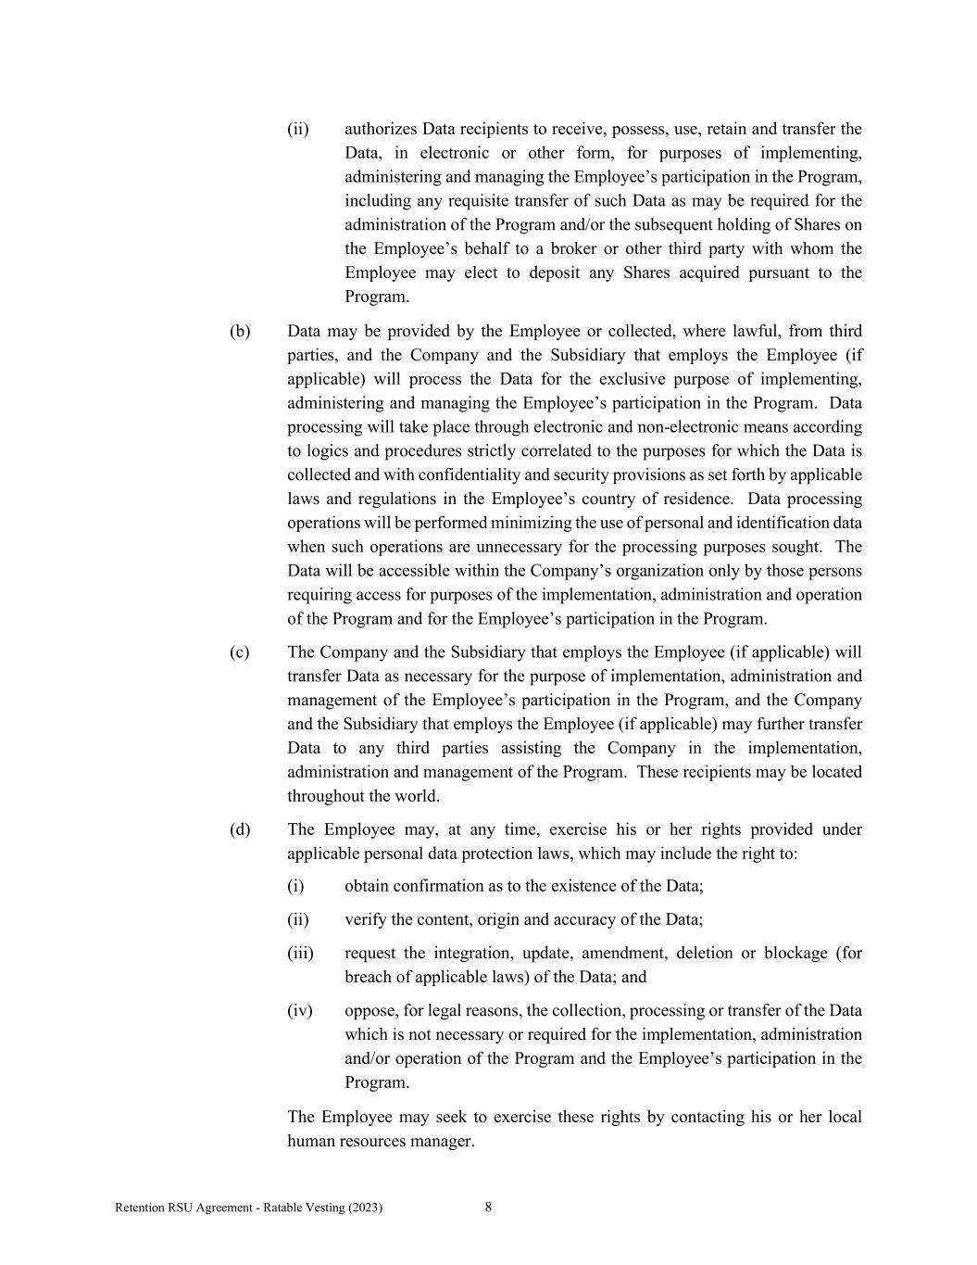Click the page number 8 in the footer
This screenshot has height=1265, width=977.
(x=488, y=1207)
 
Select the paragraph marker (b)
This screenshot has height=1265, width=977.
(x=240, y=331)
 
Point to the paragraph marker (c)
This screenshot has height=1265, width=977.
(x=240, y=652)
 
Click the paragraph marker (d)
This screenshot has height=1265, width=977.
(x=240, y=829)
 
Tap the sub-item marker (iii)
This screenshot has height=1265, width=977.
(x=300, y=953)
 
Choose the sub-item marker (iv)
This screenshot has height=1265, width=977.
(x=300, y=1010)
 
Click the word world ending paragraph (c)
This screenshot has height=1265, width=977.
(x=417, y=796)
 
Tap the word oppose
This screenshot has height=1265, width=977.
(x=370, y=1011)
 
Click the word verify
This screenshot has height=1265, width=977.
(x=367, y=919)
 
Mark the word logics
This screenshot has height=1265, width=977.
(x=330, y=451)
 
